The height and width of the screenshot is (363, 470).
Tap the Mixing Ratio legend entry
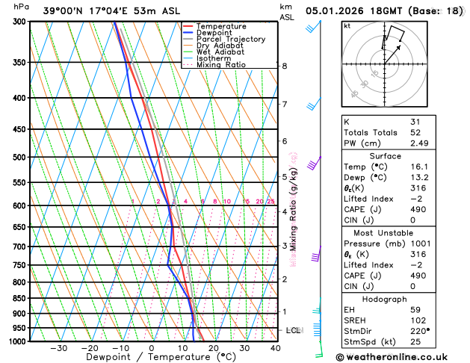(223, 65)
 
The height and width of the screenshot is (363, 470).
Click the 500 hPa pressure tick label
(19, 158)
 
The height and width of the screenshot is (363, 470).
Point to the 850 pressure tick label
(19, 299)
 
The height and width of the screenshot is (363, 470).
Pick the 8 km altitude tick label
(285, 66)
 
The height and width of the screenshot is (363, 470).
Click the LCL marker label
(294, 330)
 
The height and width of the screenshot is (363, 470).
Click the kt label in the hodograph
(347, 25)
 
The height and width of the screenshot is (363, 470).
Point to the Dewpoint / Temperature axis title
(150, 358)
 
